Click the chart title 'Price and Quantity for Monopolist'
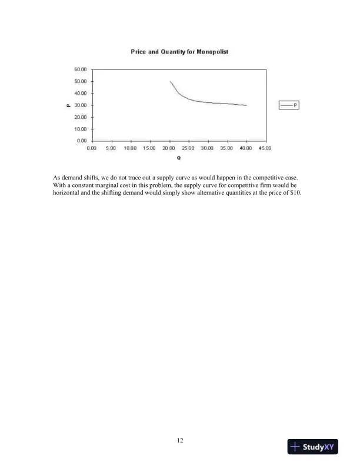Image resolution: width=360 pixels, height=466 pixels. pyautogui.click(x=179, y=52)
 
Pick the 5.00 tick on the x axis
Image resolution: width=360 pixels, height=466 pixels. pyautogui.click(x=111, y=148)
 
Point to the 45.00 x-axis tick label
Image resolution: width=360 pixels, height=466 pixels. pyautogui.click(x=265, y=148)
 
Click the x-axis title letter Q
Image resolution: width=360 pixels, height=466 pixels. pyautogui.click(x=179, y=158)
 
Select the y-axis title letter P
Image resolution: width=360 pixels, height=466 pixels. pyautogui.click(x=69, y=105)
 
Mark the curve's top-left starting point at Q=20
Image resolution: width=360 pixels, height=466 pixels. pyautogui.click(x=170, y=81)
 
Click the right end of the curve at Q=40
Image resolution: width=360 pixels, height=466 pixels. pyautogui.click(x=246, y=105)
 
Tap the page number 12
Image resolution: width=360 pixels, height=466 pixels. pyautogui.click(x=180, y=439)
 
